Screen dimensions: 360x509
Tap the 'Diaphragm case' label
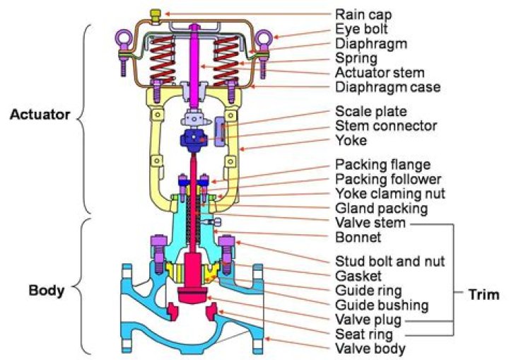(x=387, y=88)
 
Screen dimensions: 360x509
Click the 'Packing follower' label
(x=388, y=179)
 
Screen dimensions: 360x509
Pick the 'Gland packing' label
(x=381, y=209)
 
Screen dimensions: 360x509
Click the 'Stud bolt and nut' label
(x=390, y=261)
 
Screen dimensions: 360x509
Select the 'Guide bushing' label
(x=382, y=306)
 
